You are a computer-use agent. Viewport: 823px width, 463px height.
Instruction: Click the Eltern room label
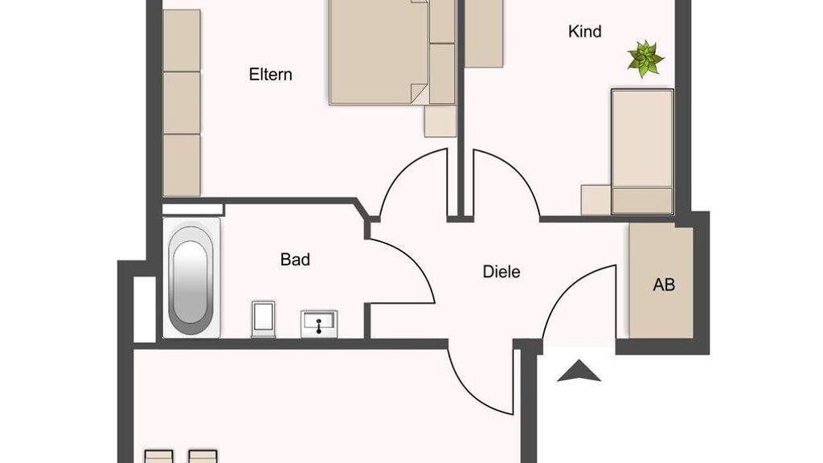(x=270, y=75)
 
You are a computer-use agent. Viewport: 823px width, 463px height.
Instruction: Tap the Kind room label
(x=585, y=31)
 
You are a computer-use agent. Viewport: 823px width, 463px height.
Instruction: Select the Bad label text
(x=295, y=260)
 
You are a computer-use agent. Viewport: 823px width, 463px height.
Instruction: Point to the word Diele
(x=502, y=272)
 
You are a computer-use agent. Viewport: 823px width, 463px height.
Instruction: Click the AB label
(x=663, y=285)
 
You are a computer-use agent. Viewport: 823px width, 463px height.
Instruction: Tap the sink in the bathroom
(x=319, y=323)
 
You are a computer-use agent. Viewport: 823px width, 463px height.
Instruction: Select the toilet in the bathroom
(x=263, y=318)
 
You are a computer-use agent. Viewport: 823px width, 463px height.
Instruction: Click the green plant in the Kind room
(x=645, y=59)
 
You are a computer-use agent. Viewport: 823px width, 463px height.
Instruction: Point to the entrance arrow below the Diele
(x=579, y=371)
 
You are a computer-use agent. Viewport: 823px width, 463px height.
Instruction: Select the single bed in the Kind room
(x=642, y=152)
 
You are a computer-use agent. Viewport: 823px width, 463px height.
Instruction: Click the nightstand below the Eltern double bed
(x=440, y=121)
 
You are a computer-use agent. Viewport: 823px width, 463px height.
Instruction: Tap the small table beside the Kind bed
(x=596, y=199)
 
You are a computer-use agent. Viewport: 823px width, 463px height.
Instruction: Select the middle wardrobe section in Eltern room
(x=182, y=102)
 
